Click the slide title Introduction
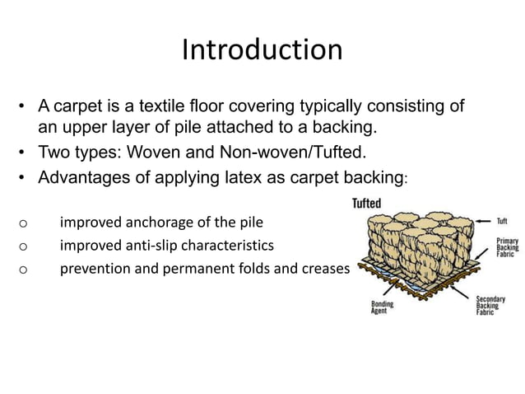(262, 50)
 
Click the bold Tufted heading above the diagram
(366, 204)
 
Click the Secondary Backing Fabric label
(491, 307)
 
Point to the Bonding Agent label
(382, 308)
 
